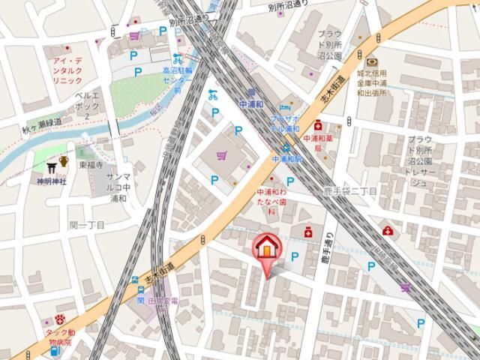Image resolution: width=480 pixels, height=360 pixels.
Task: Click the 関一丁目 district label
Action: [87, 225]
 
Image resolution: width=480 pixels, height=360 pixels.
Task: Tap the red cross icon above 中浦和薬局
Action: [318, 125]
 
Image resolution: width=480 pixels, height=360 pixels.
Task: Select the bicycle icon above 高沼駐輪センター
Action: [177, 58]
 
